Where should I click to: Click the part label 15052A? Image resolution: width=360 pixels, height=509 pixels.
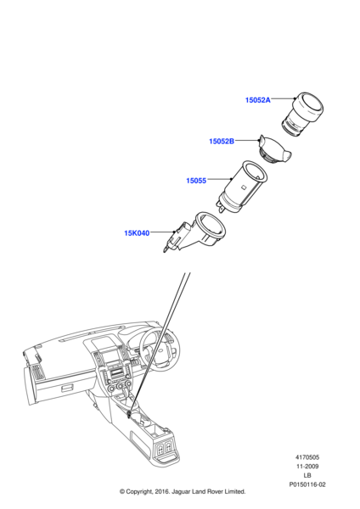(x=257, y=100)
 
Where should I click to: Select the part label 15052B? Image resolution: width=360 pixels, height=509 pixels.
(x=222, y=141)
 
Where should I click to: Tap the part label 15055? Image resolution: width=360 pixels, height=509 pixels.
(x=196, y=181)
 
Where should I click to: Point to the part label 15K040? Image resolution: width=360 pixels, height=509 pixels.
(x=137, y=233)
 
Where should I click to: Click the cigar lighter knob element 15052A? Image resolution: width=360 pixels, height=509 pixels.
(x=302, y=114)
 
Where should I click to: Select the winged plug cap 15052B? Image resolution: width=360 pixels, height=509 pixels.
(x=274, y=150)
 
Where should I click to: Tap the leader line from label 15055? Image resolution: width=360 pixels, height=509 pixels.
(x=219, y=179)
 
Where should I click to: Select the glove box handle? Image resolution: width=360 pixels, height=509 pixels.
(x=67, y=388)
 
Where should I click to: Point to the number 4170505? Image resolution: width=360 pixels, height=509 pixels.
(x=307, y=457)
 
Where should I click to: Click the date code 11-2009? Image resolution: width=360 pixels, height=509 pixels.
(x=307, y=467)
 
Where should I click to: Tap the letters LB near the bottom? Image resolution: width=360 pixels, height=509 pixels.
(x=307, y=476)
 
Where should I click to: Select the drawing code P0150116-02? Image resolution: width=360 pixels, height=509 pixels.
(x=307, y=484)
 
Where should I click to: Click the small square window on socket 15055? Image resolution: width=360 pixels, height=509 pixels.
(x=243, y=187)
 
